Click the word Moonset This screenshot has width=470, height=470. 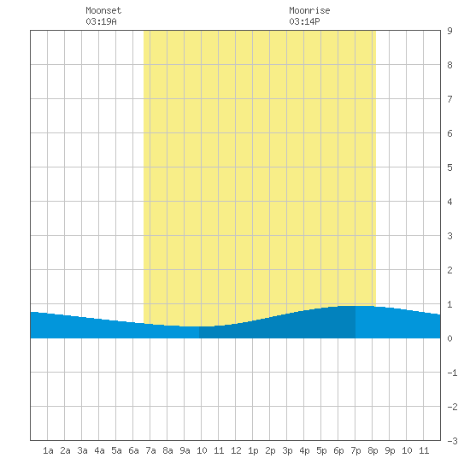coord(103,10)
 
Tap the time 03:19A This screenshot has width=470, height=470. coord(101,21)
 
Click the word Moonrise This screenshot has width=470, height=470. coord(309,10)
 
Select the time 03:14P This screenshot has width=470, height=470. coord(304,21)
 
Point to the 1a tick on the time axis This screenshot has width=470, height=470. coord(48,450)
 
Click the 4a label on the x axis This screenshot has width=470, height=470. coord(99,450)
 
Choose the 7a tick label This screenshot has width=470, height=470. coord(150,450)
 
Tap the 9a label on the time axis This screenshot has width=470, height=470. coord(185,450)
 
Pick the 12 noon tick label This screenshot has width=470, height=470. coord(236,450)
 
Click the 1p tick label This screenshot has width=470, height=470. coord(253,450)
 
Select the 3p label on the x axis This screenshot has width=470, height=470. coord(287,450)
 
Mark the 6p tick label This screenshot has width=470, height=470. coord(338,450)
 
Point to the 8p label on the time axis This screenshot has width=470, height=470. coord(373,450)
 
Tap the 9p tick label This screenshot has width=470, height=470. coord(390,450)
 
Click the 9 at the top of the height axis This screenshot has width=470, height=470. coord(449,31)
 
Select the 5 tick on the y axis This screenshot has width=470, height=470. coord(449,167)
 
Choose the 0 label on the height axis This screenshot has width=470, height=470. coord(449,338)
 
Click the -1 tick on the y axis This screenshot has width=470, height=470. coord(452,373)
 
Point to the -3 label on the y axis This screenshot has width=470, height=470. coord(452,441)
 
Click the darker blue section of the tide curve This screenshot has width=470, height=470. coord(277,326)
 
